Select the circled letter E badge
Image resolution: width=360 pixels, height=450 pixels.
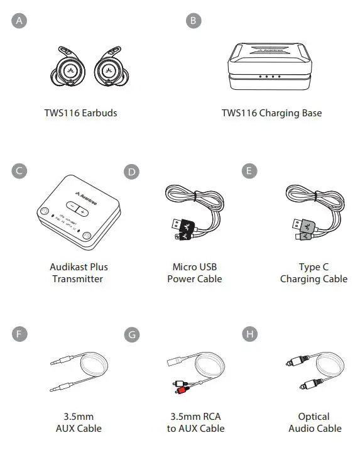coord(249,171)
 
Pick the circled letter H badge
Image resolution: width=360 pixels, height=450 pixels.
coord(249,333)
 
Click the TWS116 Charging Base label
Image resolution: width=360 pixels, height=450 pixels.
coord(271,113)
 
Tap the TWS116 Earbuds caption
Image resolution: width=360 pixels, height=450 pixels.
coord(80,113)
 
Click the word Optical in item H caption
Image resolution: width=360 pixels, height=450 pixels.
coord(314,416)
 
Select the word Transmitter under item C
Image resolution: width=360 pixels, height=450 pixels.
coord(79,279)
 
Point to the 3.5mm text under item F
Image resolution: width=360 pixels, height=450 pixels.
coord(79,416)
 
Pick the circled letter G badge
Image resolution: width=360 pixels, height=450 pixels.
coord(131,334)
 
